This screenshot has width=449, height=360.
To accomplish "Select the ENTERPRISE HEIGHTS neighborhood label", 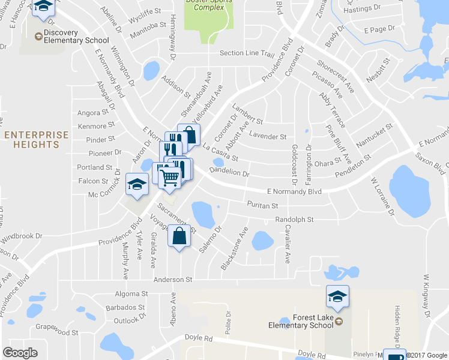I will (36, 140).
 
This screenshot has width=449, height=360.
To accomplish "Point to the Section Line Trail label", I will (247, 53).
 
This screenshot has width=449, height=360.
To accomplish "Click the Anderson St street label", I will (172, 280).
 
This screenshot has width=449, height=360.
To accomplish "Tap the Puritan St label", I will (262, 205).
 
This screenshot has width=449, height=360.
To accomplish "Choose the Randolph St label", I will (294, 220).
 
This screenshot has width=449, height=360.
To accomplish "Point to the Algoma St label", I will (131, 294).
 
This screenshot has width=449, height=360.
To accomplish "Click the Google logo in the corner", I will (20, 353).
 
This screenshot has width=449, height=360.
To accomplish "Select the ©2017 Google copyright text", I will (427, 355).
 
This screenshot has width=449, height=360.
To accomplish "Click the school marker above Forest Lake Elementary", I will (337, 295).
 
